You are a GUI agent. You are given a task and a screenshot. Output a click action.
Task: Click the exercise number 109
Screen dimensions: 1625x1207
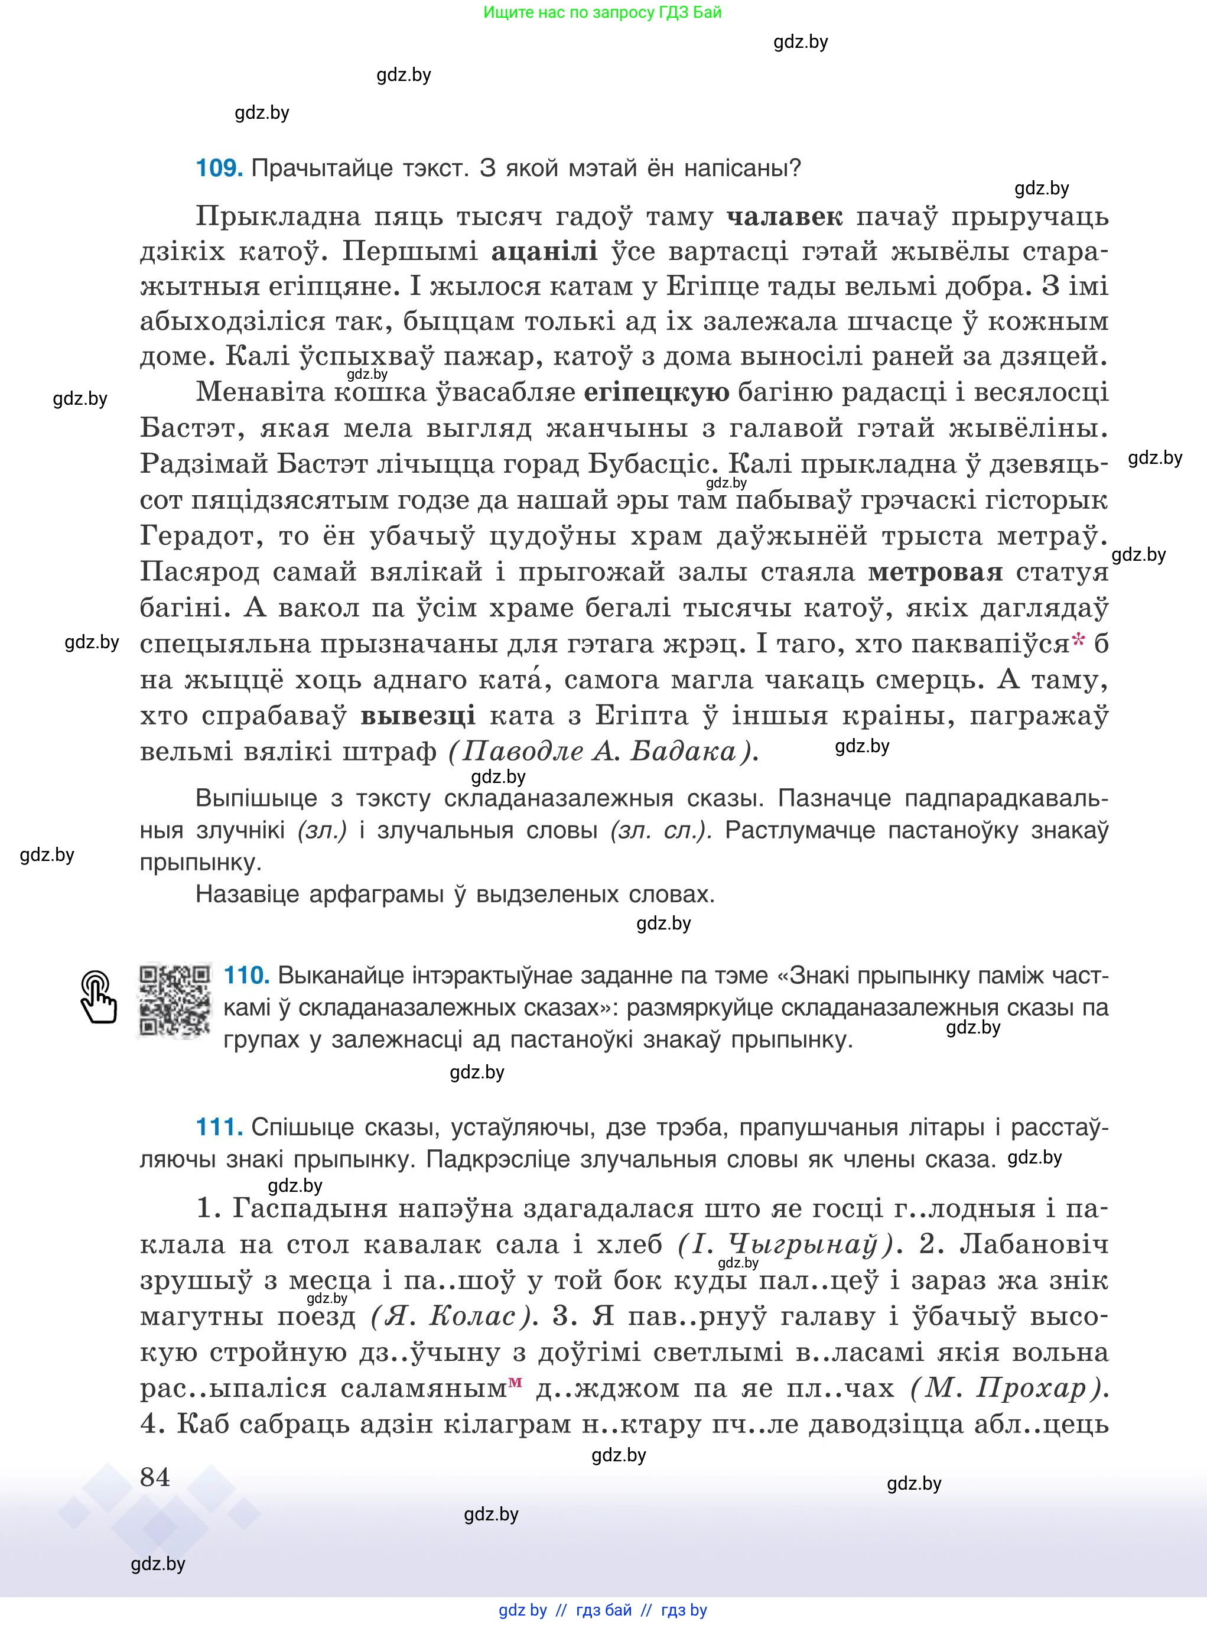[219, 169]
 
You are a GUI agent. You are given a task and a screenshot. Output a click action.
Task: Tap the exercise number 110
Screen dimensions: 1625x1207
[246, 976]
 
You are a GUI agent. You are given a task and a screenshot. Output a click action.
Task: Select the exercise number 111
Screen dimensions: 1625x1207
[219, 1127]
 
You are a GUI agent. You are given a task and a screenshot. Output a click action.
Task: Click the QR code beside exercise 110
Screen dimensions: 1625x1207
[175, 1001]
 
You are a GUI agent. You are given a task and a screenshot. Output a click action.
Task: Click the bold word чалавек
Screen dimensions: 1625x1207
[785, 217]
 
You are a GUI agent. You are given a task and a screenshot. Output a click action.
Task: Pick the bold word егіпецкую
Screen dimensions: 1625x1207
[656, 393]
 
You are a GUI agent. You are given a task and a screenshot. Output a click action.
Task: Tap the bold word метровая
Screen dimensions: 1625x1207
[935, 572]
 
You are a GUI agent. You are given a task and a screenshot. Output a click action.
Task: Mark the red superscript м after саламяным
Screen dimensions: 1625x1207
[516, 1381]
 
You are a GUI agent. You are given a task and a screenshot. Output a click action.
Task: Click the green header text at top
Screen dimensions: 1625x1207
[602, 12]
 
